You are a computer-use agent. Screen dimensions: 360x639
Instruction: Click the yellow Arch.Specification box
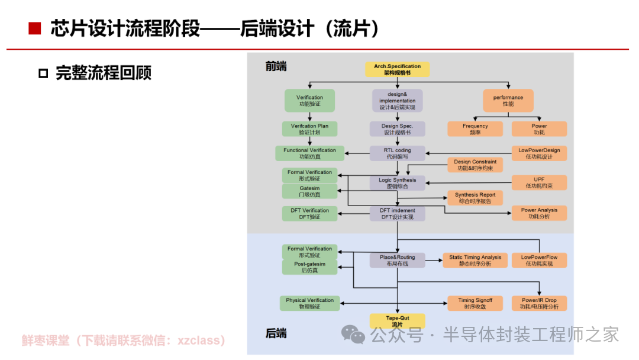(x=398, y=69)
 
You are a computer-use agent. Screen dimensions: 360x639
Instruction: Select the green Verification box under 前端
(x=309, y=101)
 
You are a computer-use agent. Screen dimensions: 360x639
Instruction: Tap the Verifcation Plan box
(x=309, y=129)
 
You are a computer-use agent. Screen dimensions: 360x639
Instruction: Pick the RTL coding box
(x=398, y=153)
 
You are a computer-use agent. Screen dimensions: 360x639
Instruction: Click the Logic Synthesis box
(x=398, y=183)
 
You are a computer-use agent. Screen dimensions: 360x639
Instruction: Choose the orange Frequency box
(x=475, y=129)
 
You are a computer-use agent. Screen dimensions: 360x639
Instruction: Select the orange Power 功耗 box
(x=539, y=129)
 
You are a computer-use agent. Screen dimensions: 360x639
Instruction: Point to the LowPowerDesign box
(x=539, y=153)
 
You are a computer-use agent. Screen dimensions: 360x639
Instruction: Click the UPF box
(x=539, y=182)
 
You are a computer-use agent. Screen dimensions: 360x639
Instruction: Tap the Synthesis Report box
(x=475, y=198)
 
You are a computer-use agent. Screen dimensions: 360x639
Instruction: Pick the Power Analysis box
(x=539, y=213)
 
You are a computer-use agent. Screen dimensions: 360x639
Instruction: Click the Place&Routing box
(x=398, y=261)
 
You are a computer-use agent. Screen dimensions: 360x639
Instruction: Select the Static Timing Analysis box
(x=475, y=261)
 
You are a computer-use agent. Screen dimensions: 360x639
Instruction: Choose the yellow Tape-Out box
(x=397, y=321)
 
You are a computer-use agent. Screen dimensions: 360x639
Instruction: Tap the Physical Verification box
(x=309, y=303)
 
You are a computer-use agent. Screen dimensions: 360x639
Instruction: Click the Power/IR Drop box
(x=539, y=303)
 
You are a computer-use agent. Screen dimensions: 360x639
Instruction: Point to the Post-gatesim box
(x=309, y=267)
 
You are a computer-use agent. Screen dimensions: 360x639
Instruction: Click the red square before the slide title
(x=34, y=28)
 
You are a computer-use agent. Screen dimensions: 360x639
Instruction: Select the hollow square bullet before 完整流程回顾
(x=43, y=73)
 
